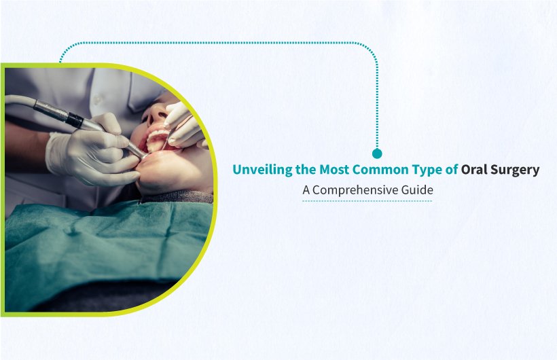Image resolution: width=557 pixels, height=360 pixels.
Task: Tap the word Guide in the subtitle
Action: pyautogui.click(x=416, y=191)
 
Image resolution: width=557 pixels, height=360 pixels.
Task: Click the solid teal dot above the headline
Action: pyautogui.click(x=377, y=154)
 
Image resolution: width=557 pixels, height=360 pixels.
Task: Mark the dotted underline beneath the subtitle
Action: pyautogui.click(x=367, y=201)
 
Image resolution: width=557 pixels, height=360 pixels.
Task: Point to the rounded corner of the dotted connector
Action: pyautogui.click(x=370, y=49)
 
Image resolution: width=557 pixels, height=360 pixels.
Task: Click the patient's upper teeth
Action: pyautogui.click(x=157, y=137)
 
